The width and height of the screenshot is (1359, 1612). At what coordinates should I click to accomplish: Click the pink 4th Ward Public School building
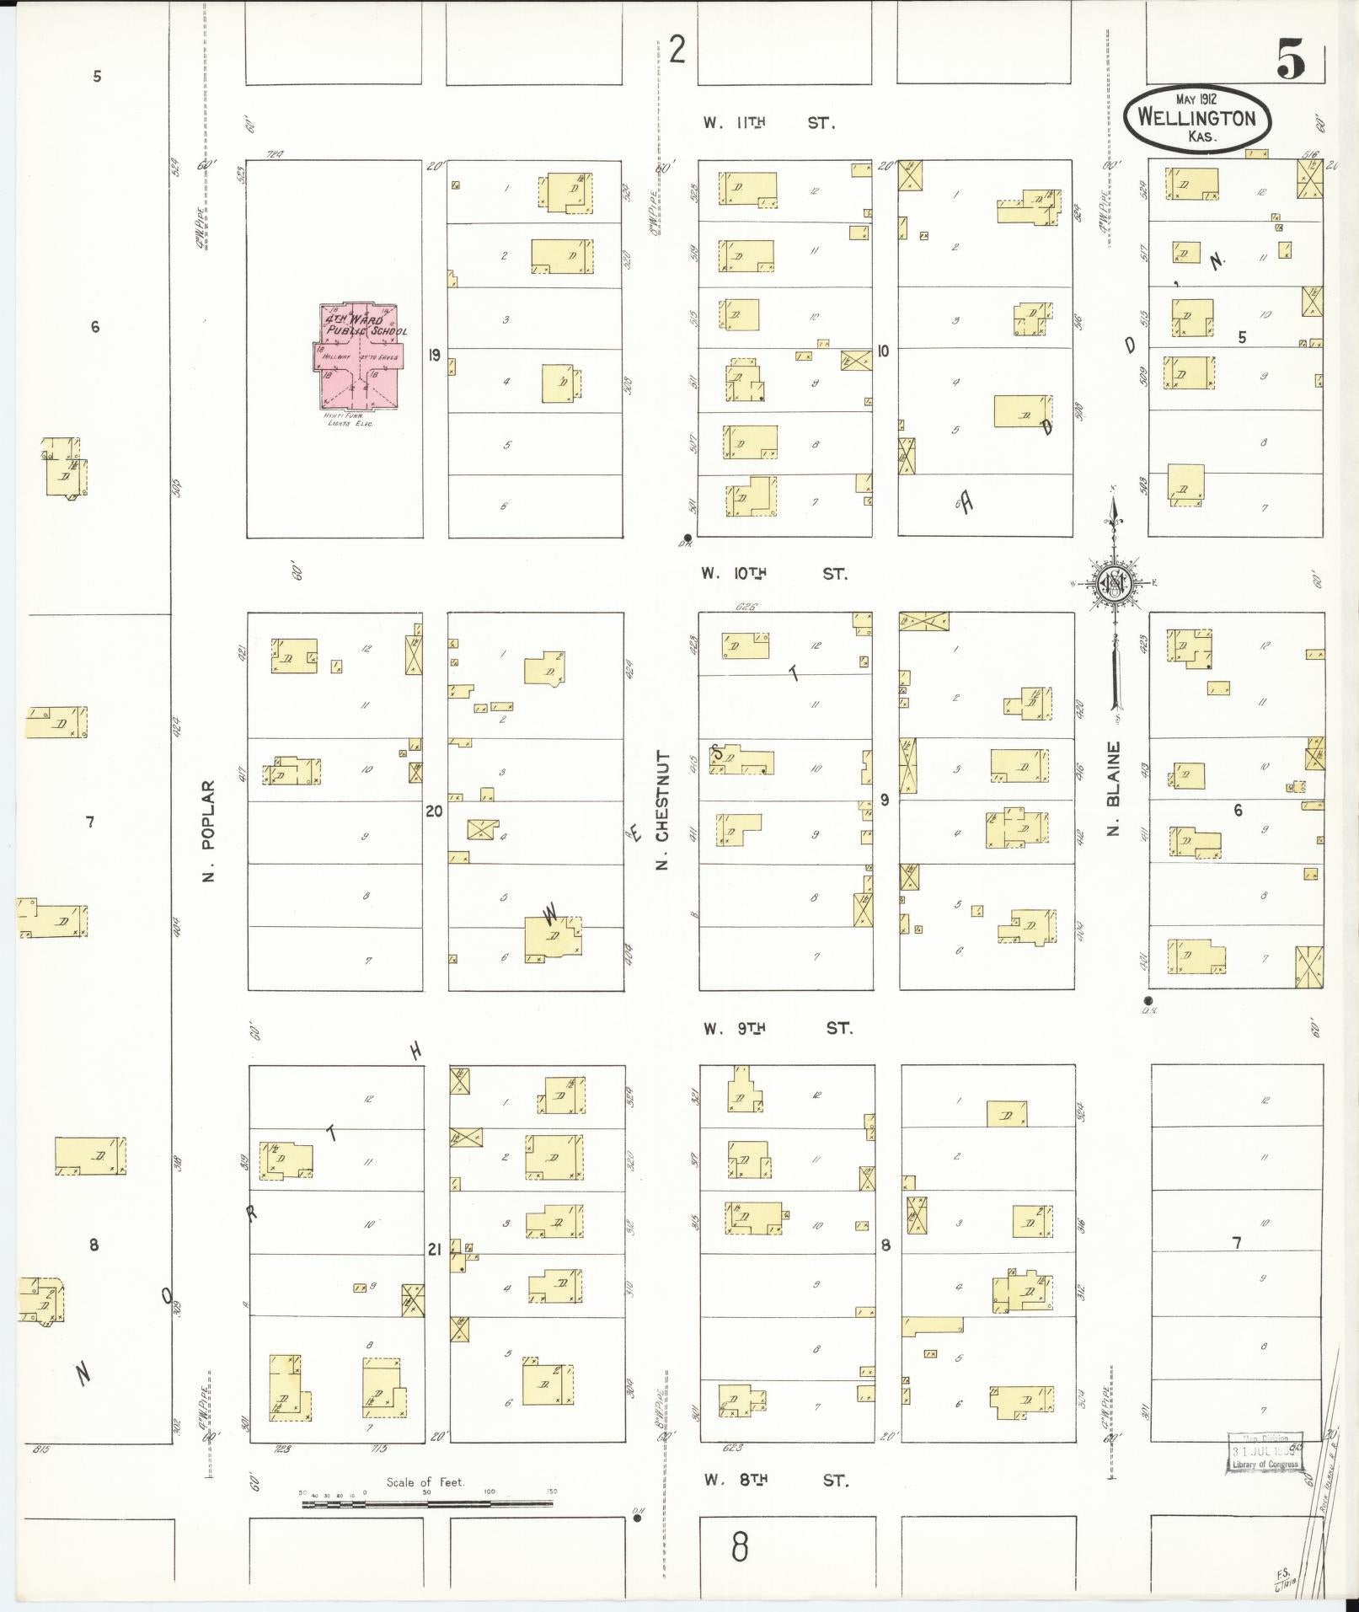click(358, 358)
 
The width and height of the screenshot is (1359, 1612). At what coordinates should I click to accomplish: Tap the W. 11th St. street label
click(769, 123)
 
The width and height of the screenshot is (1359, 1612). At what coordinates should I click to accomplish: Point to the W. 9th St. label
click(778, 1028)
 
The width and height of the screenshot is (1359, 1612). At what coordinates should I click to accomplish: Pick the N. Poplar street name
click(209, 830)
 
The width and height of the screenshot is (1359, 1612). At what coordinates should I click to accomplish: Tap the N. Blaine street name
click(1114, 789)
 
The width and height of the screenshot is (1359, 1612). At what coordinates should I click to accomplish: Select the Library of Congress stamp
click(1265, 1453)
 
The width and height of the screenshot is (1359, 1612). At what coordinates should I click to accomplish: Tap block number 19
click(434, 355)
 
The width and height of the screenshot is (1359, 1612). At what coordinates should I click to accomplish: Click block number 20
click(434, 811)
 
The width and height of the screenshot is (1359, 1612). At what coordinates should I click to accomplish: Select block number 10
click(882, 351)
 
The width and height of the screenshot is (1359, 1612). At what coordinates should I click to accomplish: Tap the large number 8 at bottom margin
click(739, 1546)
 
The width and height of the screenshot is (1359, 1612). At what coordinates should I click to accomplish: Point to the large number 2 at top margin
click(677, 51)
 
